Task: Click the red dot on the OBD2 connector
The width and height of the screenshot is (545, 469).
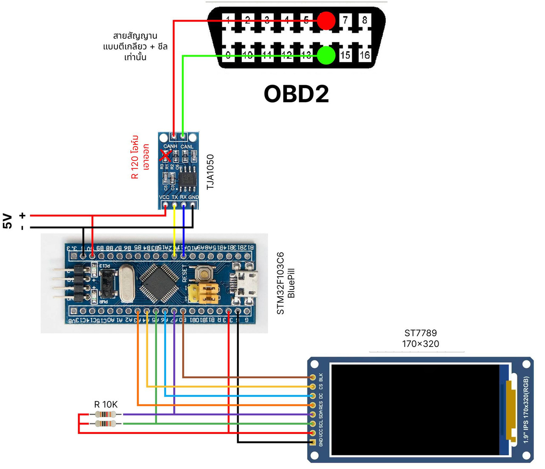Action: tap(327, 20)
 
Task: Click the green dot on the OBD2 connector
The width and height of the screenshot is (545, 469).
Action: tap(327, 55)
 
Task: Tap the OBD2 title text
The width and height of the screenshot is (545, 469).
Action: tap(296, 94)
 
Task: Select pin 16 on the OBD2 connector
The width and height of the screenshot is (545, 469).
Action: tap(364, 55)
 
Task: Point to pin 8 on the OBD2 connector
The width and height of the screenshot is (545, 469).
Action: tap(364, 20)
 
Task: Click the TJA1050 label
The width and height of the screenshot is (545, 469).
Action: tap(210, 172)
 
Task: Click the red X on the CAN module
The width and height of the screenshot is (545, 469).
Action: tap(166, 156)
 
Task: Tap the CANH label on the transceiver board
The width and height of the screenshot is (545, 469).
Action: tap(170, 146)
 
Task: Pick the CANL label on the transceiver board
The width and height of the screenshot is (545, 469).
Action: tap(187, 146)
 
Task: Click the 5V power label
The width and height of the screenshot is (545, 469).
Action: tap(8, 221)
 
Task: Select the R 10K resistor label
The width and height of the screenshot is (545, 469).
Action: tap(106, 404)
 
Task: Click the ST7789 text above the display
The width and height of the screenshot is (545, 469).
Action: tap(420, 333)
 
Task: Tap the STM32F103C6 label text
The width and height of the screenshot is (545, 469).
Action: tap(281, 283)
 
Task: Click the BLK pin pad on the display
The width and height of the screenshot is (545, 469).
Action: tap(313, 377)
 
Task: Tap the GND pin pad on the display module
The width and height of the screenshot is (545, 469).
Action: tap(313, 443)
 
